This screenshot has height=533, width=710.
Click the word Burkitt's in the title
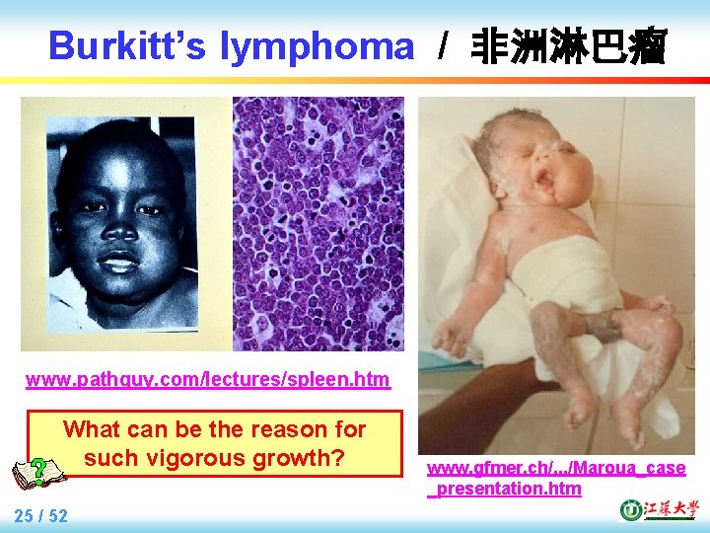pyautogui.click(x=128, y=45)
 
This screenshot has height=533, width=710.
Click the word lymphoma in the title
pyautogui.click(x=318, y=45)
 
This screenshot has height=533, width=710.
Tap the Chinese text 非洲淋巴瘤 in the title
pyautogui.click(x=570, y=45)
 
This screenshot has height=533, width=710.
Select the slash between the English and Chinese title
pyautogui.click(x=445, y=45)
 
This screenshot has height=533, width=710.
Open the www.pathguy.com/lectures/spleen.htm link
pyautogui.click(x=207, y=380)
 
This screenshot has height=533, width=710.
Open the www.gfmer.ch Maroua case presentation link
pyautogui.click(x=555, y=478)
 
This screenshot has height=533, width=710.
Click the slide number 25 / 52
pyautogui.click(x=41, y=515)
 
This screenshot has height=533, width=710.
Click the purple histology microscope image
pyautogui.click(x=318, y=223)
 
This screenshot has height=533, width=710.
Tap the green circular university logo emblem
pyautogui.click(x=629, y=510)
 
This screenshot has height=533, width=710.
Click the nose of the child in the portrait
pyautogui.click(x=120, y=229)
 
